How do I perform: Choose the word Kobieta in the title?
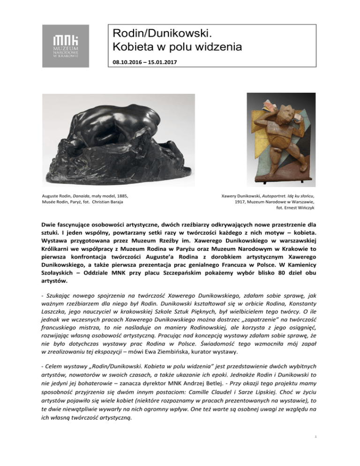tap(129, 47)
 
